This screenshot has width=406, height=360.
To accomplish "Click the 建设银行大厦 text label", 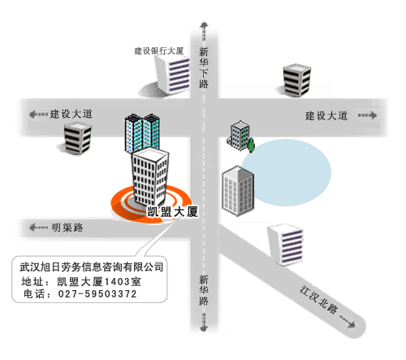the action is click(x=159, y=50).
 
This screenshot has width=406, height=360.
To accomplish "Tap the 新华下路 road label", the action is click(x=204, y=67).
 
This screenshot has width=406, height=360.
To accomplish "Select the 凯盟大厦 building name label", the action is click(x=172, y=211).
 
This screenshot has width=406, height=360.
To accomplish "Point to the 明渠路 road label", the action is click(x=67, y=228).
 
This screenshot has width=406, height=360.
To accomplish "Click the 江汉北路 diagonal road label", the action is click(x=319, y=300).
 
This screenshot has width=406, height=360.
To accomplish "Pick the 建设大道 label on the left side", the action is click(x=71, y=114).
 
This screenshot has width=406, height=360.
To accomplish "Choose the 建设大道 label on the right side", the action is click(x=326, y=115).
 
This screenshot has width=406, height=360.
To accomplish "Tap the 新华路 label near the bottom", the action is click(x=204, y=290).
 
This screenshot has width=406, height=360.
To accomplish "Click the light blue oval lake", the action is click(x=286, y=172).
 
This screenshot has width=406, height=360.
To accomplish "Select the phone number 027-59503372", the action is click(x=97, y=294).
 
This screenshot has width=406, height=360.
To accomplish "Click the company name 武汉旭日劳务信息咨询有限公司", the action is click(x=92, y=267).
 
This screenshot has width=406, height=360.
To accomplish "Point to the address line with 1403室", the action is click(x=81, y=282).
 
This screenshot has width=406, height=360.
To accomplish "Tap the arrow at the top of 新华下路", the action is click(x=204, y=31).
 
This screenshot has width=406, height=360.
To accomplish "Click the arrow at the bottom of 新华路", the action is click(x=204, y=323).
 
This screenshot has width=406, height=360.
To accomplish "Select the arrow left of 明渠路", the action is click(x=38, y=228).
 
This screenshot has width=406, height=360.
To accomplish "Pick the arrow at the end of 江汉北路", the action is click(x=348, y=322).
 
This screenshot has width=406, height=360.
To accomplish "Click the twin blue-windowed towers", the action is click(x=142, y=132).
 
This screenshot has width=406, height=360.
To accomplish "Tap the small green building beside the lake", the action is click(x=240, y=136).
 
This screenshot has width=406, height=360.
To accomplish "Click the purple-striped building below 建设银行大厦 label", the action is click(x=172, y=76).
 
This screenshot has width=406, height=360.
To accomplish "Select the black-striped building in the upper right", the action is click(x=296, y=80).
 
